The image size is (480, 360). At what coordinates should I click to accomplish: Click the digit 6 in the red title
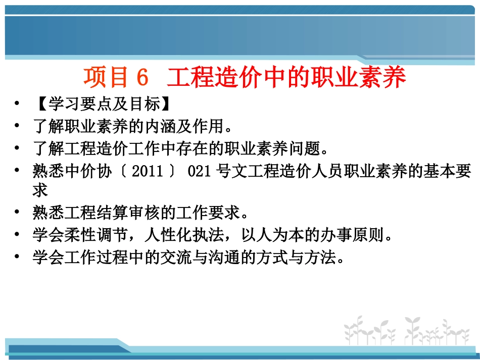pyautogui.click(x=142, y=78)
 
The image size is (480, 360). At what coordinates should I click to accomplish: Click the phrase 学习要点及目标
pyautogui.click(x=102, y=105)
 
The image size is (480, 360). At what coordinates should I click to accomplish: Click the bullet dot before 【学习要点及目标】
pyautogui.click(x=18, y=105)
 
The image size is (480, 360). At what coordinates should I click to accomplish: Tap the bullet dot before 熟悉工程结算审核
pyautogui.click(x=18, y=213)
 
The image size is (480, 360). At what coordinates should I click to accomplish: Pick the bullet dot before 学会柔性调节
pyautogui.click(x=18, y=235)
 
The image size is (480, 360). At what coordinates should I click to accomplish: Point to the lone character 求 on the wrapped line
pyautogui.click(x=40, y=190)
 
